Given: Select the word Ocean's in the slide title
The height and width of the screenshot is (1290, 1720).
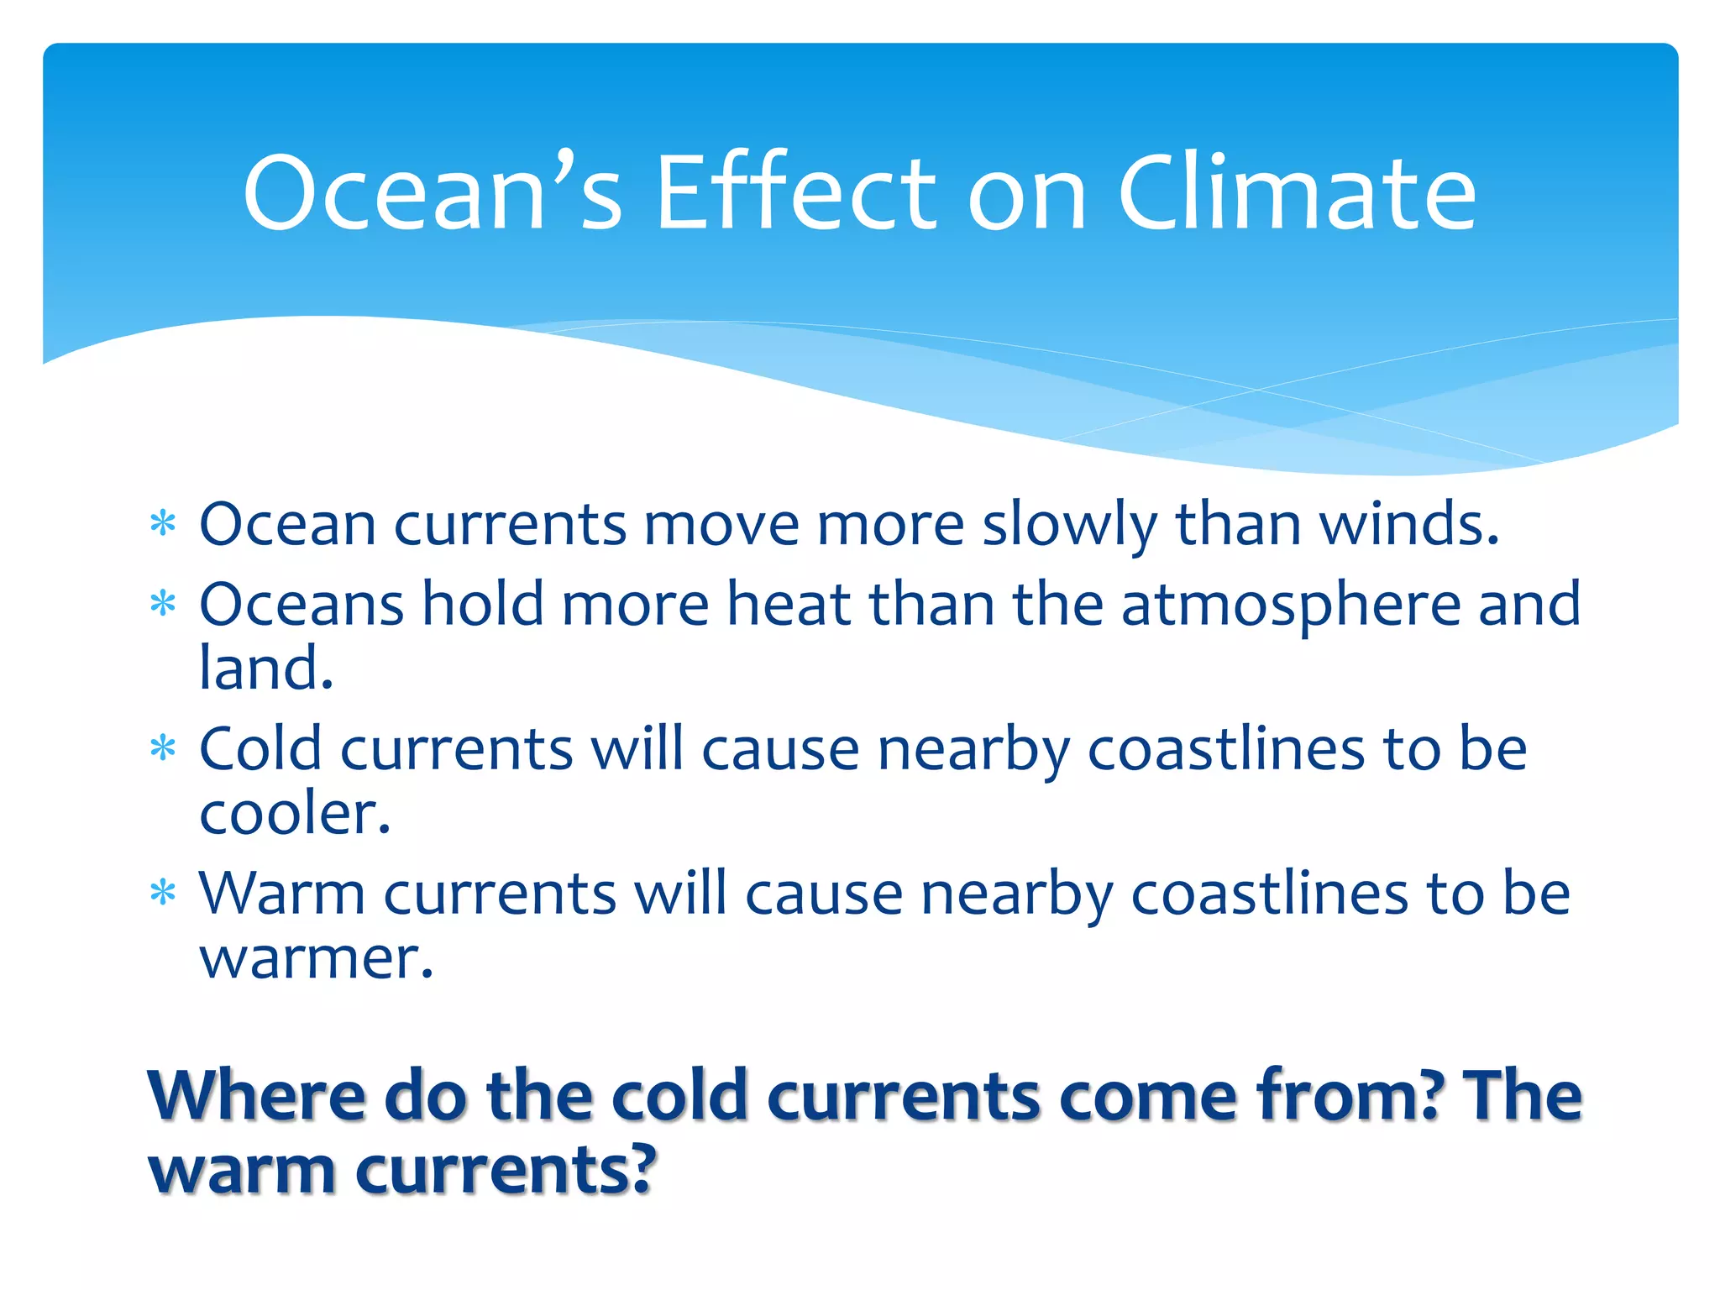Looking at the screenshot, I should tap(433, 195).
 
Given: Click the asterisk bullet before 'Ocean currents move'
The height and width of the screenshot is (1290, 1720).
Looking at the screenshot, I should tap(162, 524).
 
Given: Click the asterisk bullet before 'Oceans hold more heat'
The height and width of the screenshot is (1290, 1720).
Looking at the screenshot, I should tap(162, 604).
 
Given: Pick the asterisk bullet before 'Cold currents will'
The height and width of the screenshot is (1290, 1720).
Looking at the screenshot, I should tap(162, 748).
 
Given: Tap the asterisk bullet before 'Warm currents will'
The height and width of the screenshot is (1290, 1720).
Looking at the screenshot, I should tap(162, 893).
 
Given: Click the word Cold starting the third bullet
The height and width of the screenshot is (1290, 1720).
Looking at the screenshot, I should tap(260, 748).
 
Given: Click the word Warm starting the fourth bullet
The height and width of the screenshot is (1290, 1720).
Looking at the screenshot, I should tap(281, 893).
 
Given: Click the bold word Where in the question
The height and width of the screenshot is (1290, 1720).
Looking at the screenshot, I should tap(256, 1096).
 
